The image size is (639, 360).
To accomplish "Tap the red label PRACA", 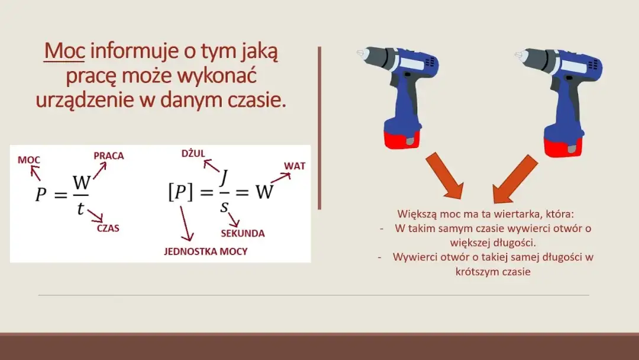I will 109,156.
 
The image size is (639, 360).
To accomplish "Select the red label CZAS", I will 108,228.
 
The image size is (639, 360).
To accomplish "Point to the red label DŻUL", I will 193,154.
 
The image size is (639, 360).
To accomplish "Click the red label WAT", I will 295,166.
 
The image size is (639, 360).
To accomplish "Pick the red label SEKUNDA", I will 243,233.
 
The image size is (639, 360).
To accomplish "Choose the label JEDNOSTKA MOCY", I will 206,252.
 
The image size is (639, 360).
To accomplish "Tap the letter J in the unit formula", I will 224,178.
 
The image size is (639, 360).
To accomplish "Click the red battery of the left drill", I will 402,137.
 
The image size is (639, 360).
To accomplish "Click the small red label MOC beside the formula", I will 29,160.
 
